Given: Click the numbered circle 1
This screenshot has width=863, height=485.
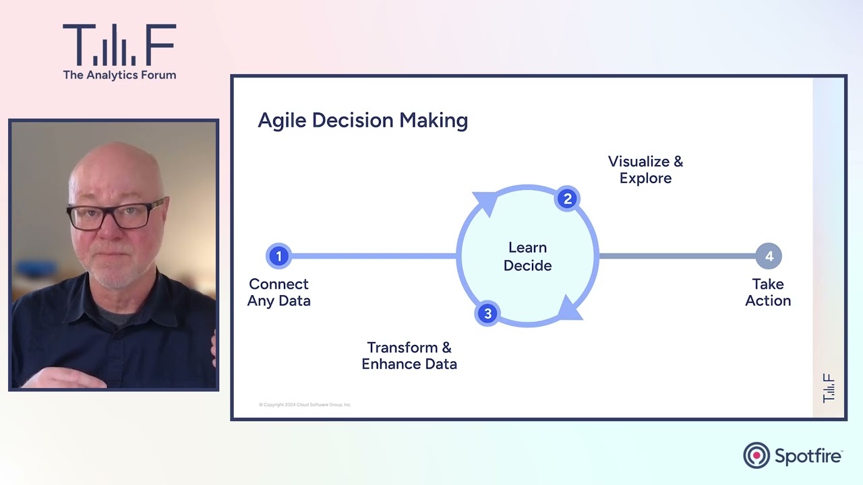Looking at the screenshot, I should tap(278, 256).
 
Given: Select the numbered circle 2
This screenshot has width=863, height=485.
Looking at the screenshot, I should tap(567, 199).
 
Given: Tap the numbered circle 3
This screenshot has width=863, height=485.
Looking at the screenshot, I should tap(487, 313).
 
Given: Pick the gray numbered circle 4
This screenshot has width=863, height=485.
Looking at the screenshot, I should tap(769, 256).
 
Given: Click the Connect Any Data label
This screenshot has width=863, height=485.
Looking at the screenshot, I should tap(278, 292).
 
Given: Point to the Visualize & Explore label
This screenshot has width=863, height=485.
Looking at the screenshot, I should tap(645, 170).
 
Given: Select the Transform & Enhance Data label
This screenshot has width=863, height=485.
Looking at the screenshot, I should tap(409, 356).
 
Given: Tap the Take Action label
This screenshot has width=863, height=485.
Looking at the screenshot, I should tap(768, 292).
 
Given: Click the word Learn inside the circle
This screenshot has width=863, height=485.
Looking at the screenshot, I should tap(527, 248).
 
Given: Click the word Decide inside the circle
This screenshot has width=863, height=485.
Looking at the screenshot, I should tap(527, 265).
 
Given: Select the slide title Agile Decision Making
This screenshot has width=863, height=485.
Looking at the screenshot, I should tap(363, 121).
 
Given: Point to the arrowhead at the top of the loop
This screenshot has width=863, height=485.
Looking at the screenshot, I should tap(485, 202).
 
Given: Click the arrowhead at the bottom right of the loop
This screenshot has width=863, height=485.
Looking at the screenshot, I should tap(570, 308).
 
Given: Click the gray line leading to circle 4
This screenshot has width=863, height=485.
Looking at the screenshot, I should tap(674, 256).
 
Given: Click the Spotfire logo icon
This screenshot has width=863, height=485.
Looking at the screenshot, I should tap(756, 455).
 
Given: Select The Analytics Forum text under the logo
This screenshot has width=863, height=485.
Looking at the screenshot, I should tap(119, 75).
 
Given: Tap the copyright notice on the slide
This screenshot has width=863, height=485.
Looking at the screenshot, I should tap(305, 405).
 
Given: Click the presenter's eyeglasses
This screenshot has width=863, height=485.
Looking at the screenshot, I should tap(117, 214).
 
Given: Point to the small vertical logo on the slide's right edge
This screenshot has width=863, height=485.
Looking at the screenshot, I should tap(829, 389).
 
